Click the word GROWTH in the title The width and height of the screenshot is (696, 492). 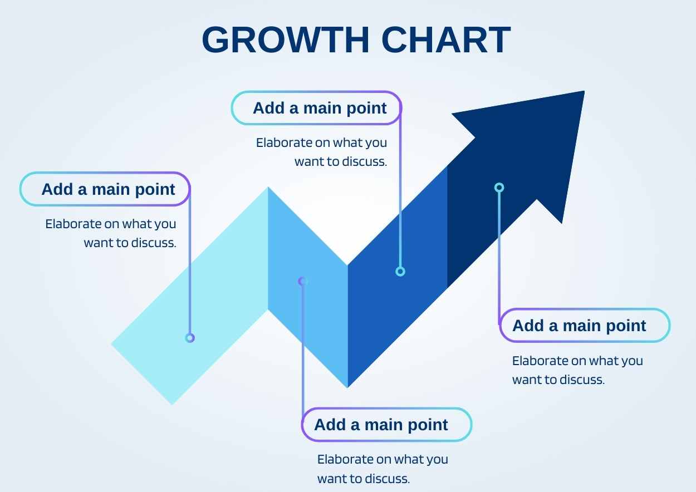point(286,40)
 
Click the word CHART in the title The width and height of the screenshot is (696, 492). point(446,40)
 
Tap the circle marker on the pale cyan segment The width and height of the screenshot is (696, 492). point(190,338)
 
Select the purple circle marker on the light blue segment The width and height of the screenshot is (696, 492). point(303,282)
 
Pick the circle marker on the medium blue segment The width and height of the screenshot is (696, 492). point(400,272)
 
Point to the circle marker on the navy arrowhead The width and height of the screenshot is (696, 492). point(499,188)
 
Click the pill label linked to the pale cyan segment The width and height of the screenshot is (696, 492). point(105,189)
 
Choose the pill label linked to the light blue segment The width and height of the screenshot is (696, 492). point(386,425)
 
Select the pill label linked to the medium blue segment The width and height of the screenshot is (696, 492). point(316,108)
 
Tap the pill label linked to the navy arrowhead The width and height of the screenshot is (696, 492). point(585,326)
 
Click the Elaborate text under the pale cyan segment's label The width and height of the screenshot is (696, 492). point(111,233)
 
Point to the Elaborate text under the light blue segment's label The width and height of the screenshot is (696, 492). point(383,469)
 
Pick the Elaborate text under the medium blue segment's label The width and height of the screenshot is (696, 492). point(322,152)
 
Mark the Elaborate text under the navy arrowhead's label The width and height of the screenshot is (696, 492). point(577,370)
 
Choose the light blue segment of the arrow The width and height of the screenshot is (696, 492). point(308,287)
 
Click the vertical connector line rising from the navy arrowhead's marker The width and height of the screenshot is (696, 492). point(499,256)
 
